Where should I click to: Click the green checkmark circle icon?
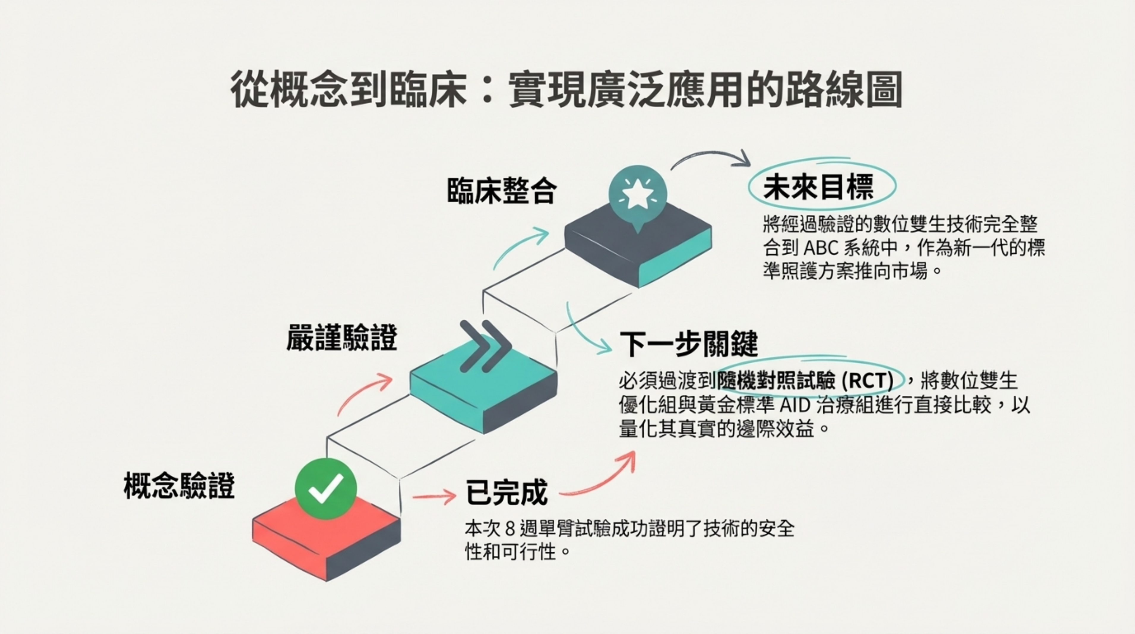tap(326, 488)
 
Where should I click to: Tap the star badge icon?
tap(637, 194)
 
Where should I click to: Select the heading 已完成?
tap(507, 493)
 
